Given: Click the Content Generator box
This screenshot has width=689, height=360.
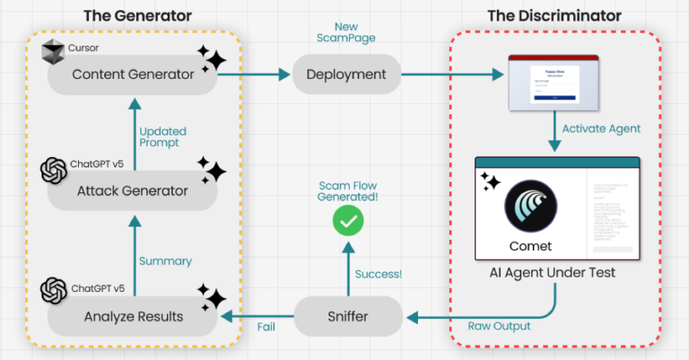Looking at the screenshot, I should click(x=133, y=75).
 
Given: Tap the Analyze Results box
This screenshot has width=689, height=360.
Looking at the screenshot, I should click(x=133, y=315).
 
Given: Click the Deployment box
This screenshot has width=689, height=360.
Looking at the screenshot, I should click(x=344, y=75).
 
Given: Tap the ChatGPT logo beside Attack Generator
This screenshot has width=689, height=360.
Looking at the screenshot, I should click(x=55, y=170).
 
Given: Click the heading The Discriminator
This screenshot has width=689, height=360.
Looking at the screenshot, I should click(x=554, y=16).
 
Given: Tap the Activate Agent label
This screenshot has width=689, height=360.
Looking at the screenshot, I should click(x=600, y=128).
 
